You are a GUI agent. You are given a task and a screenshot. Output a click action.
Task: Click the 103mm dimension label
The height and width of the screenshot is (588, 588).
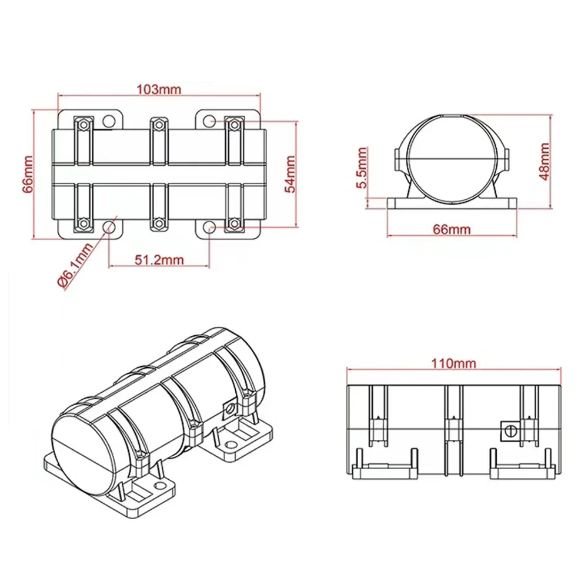click(159, 89)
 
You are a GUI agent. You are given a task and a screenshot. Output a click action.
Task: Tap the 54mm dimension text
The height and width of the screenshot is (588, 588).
click(290, 174)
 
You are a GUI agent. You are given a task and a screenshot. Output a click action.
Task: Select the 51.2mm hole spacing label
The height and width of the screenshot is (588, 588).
click(159, 259)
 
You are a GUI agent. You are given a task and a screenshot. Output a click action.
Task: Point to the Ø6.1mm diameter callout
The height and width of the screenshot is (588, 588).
click(75, 265)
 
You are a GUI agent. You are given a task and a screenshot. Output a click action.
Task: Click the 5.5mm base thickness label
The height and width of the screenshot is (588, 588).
click(362, 168)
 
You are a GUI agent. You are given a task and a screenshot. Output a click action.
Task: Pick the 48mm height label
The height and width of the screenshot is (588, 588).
click(545, 162)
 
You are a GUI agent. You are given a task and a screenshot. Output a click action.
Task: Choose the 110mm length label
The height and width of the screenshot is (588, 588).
click(453, 363)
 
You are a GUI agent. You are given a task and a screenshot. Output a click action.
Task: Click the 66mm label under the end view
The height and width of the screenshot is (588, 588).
click(452, 229)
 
